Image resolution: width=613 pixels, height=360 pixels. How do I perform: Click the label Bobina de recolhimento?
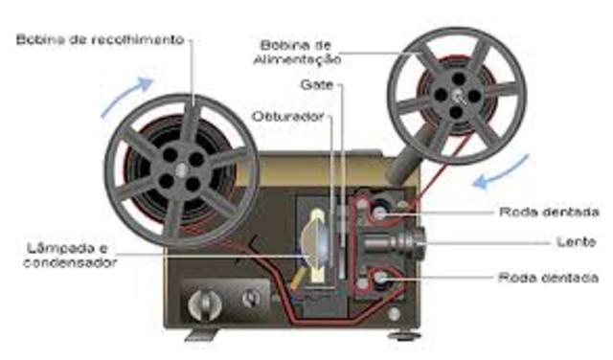[101, 39]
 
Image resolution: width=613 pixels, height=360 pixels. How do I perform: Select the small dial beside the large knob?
[252, 298]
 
